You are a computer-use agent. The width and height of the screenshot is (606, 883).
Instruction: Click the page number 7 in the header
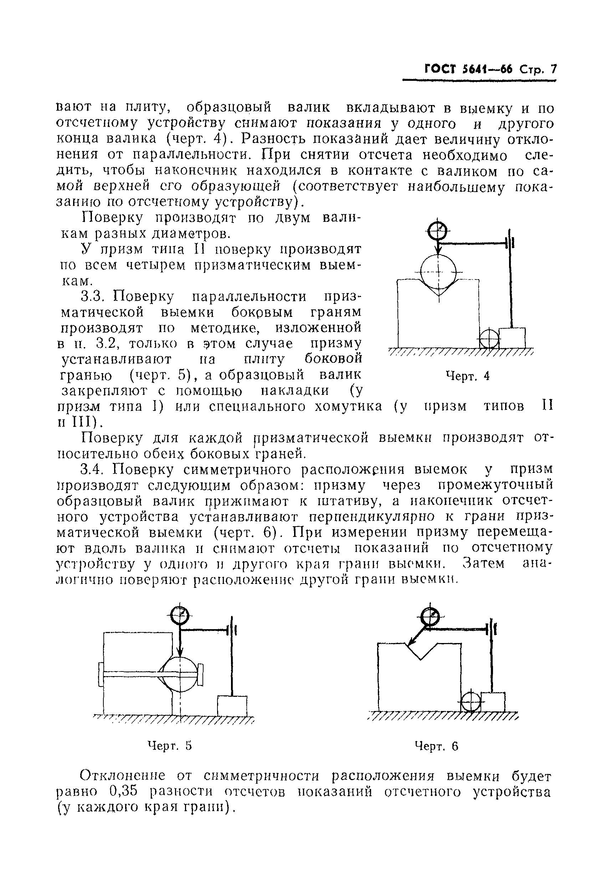click(x=553, y=70)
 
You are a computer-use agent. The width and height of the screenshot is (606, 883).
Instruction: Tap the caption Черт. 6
click(x=436, y=757)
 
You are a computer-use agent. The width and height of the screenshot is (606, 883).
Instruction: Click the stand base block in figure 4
click(x=512, y=338)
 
